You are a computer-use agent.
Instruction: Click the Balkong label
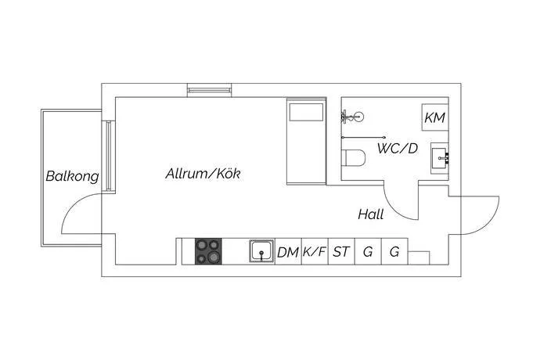coord(72,176)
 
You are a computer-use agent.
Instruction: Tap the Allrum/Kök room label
coord(203,174)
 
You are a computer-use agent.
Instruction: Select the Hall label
coord(371,214)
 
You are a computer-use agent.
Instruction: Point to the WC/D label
coord(397,148)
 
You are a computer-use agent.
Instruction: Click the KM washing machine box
coord(434,117)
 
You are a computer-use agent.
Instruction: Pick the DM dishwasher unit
coord(288,252)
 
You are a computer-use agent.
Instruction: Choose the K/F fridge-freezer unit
coord(315,252)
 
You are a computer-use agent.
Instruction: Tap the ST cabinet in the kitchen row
coord(341,252)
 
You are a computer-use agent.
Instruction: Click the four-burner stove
coord(209,251)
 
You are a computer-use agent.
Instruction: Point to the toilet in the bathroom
coord(353,158)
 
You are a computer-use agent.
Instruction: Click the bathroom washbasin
coord(441,159)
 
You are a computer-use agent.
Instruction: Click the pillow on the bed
coord(304,113)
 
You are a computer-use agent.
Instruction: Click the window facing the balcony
coord(110,156)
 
